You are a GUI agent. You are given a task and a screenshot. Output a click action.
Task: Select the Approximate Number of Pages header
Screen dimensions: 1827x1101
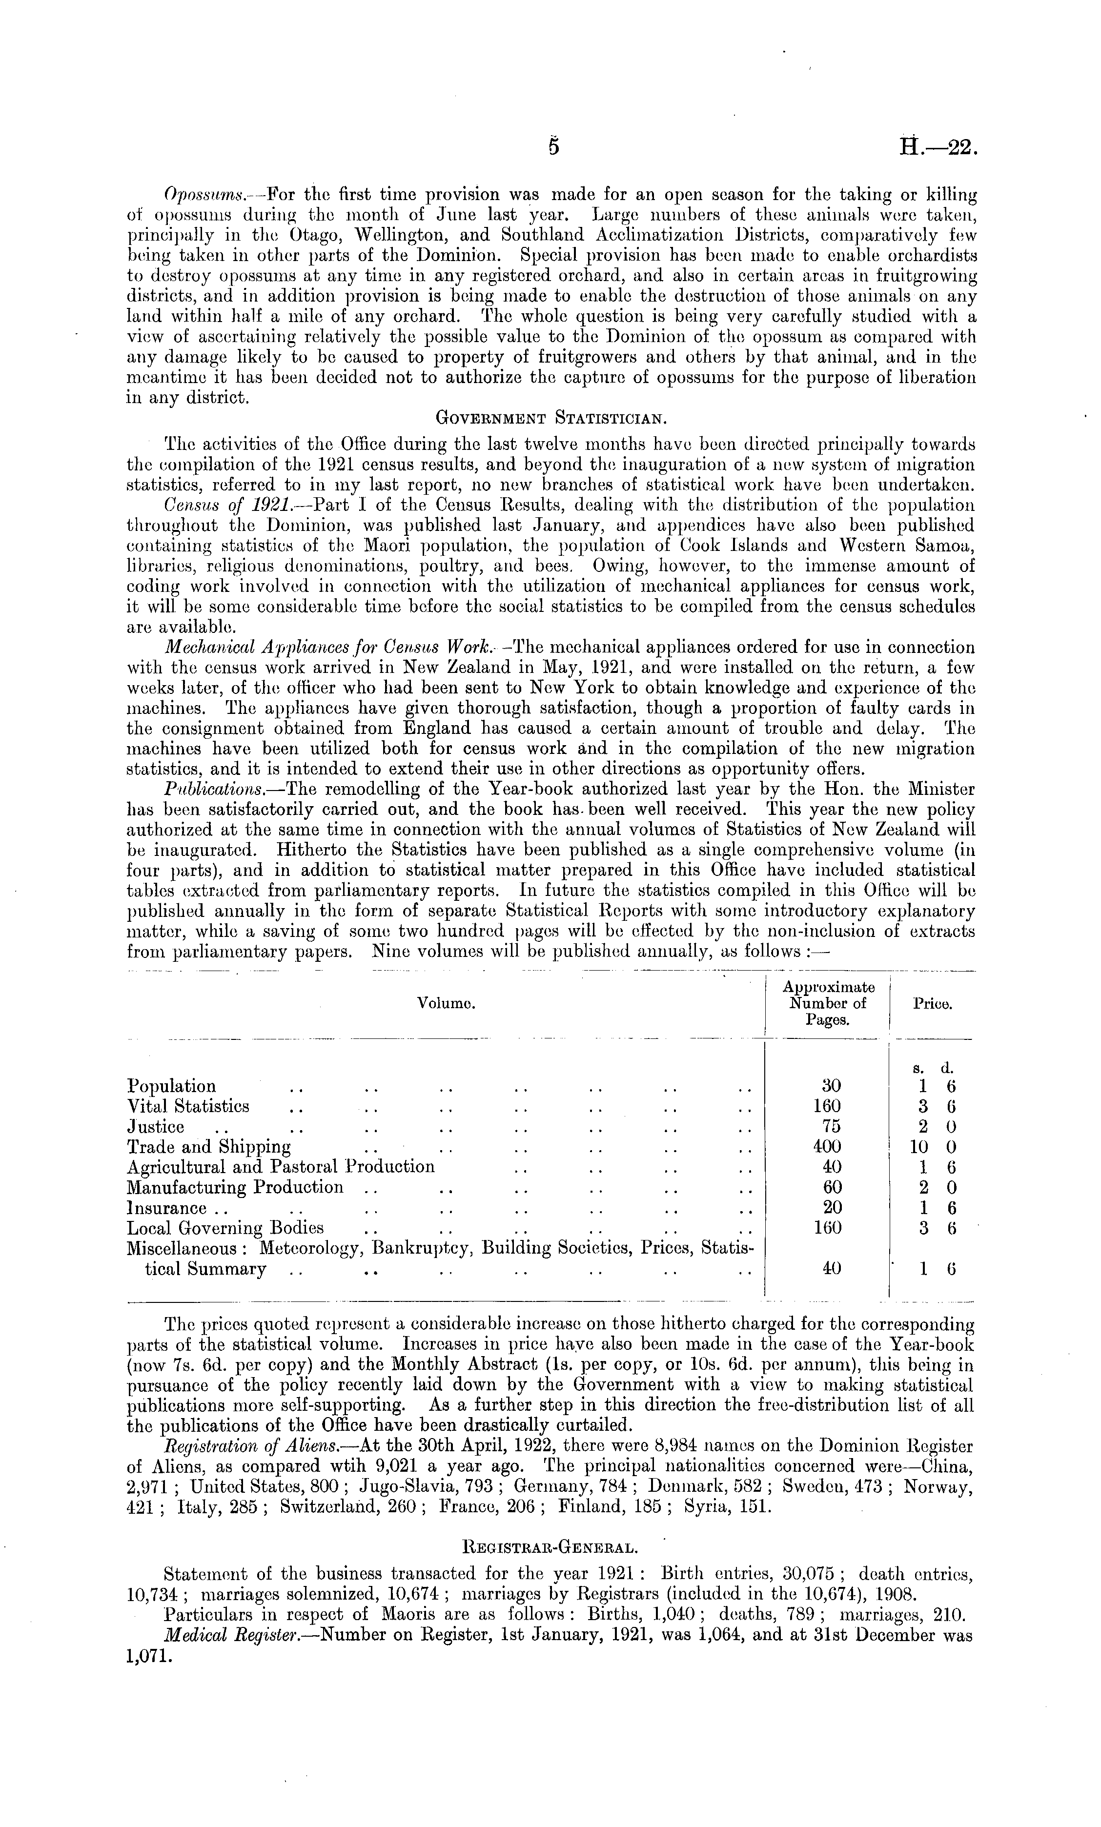[828, 1003]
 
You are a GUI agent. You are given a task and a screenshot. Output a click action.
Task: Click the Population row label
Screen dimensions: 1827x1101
[172, 1087]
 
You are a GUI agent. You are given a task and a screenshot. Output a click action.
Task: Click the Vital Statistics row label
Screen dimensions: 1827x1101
[188, 1107]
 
